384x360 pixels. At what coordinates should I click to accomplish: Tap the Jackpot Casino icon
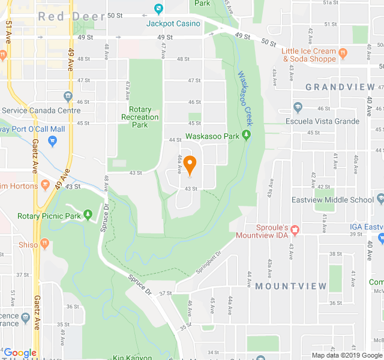click(x=158, y=9)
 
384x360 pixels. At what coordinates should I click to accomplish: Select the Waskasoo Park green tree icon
click(x=246, y=136)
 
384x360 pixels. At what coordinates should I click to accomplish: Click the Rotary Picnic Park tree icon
click(x=89, y=214)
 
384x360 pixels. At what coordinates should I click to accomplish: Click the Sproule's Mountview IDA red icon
click(x=294, y=229)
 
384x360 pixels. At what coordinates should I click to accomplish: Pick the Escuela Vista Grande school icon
click(x=298, y=108)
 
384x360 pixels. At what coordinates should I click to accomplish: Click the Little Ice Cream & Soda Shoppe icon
click(x=343, y=53)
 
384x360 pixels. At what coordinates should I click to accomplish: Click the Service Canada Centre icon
click(x=68, y=97)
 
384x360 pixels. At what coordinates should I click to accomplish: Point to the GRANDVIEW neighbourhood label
click(x=340, y=87)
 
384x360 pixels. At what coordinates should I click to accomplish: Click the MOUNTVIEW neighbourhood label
click(x=291, y=286)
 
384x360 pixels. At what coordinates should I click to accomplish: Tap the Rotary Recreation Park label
click(x=139, y=117)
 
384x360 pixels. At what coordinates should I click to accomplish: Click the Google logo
click(x=20, y=353)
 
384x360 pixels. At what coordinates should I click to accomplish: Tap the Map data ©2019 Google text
click(x=346, y=355)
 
